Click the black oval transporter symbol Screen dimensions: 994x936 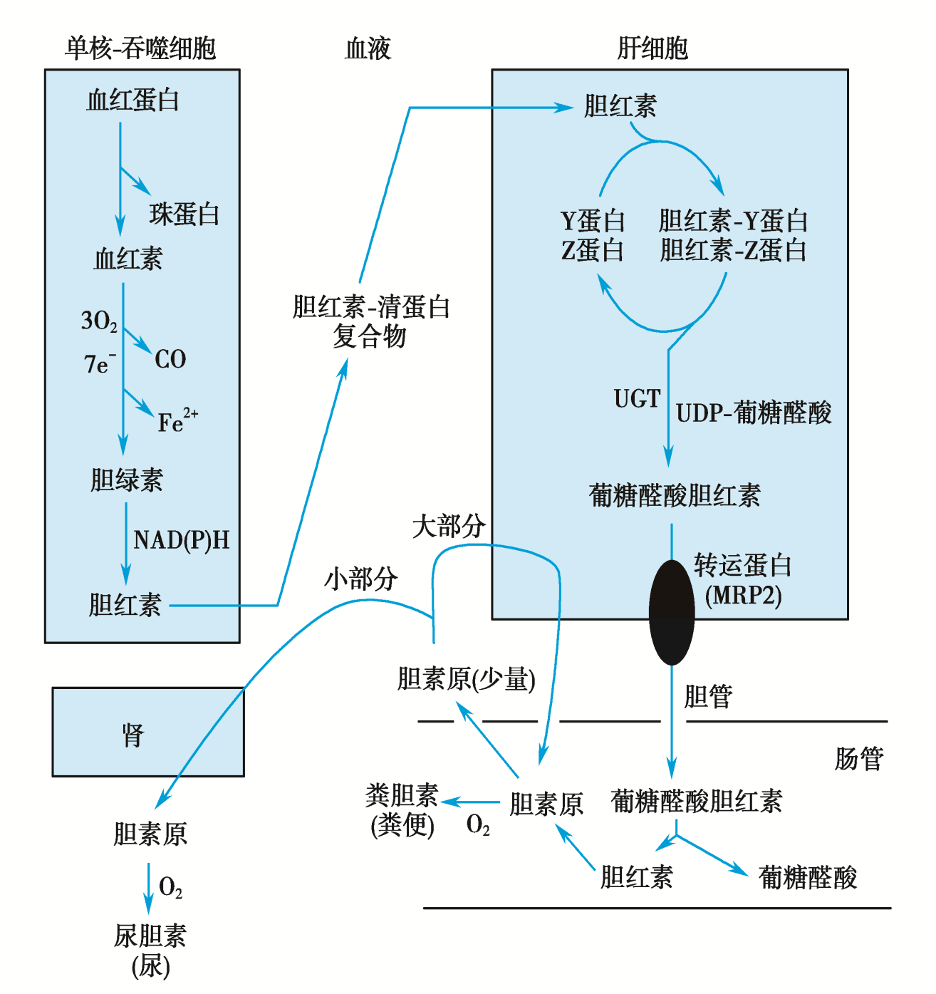click(671, 612)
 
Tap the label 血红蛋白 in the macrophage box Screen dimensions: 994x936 click(132, 100)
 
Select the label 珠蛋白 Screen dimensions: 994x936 click(184, 214)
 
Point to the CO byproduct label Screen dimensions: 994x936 click(170, 359)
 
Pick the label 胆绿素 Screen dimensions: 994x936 click(126, 480)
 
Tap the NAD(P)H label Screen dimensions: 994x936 click(182, 540)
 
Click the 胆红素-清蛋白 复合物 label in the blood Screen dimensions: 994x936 click(370, 321)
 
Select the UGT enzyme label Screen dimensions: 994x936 click(637, 399)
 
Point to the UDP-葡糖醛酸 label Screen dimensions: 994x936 click(754, 413)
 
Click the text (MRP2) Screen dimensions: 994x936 click(743, 595)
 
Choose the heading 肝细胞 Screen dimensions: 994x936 click(652, 48)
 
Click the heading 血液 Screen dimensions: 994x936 click(368, 48)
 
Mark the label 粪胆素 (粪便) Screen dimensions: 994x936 click(402, 810)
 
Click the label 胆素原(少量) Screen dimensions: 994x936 click(466, 679)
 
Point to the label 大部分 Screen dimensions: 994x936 click(449, 527)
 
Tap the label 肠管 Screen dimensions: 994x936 click(859, 759)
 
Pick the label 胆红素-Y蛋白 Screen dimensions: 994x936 click(733, 221)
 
